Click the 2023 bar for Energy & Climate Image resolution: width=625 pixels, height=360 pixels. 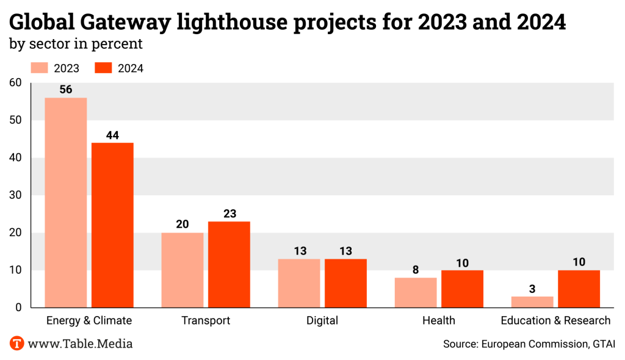click(66, 202)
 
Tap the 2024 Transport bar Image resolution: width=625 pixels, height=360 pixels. click(229, 264)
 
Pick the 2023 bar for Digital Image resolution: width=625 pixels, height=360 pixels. click(299, 283)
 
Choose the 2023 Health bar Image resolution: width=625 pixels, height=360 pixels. click(416, 292)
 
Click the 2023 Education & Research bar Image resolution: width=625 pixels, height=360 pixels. click(532, 301)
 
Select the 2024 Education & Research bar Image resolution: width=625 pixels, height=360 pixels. click(579, 289)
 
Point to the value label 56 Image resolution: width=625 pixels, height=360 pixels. click(66, 90)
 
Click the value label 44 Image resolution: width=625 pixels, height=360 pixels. click(112, 135)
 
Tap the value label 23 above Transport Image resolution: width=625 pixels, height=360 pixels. click(229, 214)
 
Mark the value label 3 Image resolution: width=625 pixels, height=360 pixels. click(532, 289)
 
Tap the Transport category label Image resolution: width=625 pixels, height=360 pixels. click(206, 320)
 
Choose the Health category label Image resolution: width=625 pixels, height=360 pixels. click(439, 320)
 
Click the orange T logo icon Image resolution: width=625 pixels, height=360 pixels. click(17, 344)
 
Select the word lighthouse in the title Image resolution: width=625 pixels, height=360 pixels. click(233, 23)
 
